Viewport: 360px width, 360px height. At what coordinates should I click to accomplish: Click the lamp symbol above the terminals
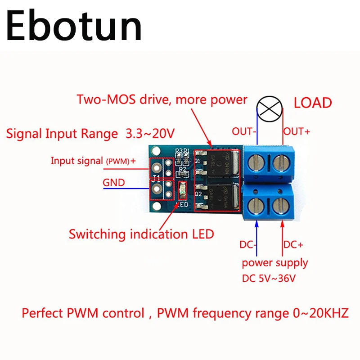coord(270,109)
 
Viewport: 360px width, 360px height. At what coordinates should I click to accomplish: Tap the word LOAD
coord(313,103)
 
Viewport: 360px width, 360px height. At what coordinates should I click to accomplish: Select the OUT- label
coord(243,132)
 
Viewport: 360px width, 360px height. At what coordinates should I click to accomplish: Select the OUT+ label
coord(297,132)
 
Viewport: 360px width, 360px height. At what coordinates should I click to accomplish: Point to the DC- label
coord(247,245)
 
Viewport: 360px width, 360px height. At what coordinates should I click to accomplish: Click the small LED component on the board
coord(182,192)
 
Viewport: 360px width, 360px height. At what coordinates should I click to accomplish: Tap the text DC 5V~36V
coord(269,279)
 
